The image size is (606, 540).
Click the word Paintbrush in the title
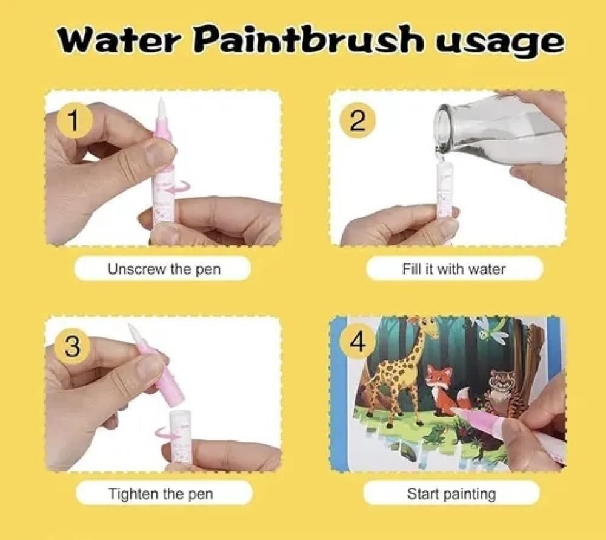click(x=308, y=39)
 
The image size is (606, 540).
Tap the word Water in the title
click(x=120, y=40)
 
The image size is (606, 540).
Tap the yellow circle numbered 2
click(x=358, y=121)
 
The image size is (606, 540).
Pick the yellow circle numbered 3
click(x=74, y=346)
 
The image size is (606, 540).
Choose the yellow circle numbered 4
click(x=358, y=342)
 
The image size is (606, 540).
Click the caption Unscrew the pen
click(x=164, y=268)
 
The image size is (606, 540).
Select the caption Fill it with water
click(x=454, y=268)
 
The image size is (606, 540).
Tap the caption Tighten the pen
click(x=161, y=493)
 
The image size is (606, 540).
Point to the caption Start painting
click(x=451, y=494)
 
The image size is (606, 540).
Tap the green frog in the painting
click(x=433, y=433)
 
